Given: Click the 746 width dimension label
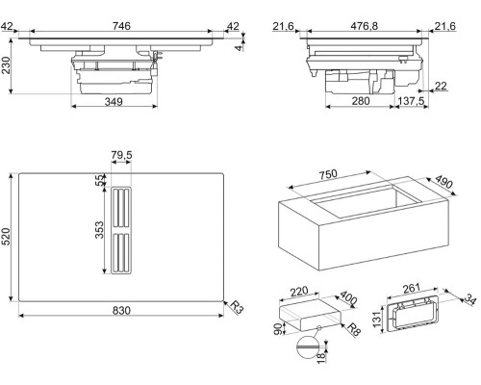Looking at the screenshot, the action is click(121, 26).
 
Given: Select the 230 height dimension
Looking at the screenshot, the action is click(7, 65).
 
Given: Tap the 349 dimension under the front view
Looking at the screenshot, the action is click(114, 102).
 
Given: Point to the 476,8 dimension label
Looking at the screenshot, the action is click(364, 26).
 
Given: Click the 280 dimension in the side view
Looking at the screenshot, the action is click(361, 101).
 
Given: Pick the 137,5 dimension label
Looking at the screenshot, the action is click(411, 101).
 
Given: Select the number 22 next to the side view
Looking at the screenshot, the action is click(441, 86).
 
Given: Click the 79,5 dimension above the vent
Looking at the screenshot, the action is click(121, 155).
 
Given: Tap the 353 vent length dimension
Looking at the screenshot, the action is click(99, 230).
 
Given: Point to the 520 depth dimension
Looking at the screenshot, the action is click(7, 237).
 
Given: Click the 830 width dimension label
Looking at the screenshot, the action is click(121, 310).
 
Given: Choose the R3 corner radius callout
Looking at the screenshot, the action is click(238, 307).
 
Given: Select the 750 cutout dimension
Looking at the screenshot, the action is click(328, 174).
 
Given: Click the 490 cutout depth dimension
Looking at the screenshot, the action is click(444, 182).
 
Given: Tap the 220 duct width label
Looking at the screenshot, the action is click(298, 292).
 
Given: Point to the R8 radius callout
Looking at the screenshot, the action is click(354, 329).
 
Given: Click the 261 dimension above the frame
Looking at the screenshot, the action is click(411, 288).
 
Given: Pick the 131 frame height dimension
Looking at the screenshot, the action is click(378, 319).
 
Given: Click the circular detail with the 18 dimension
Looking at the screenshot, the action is click(308, 347).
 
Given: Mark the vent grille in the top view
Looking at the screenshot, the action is click(121, 230).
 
